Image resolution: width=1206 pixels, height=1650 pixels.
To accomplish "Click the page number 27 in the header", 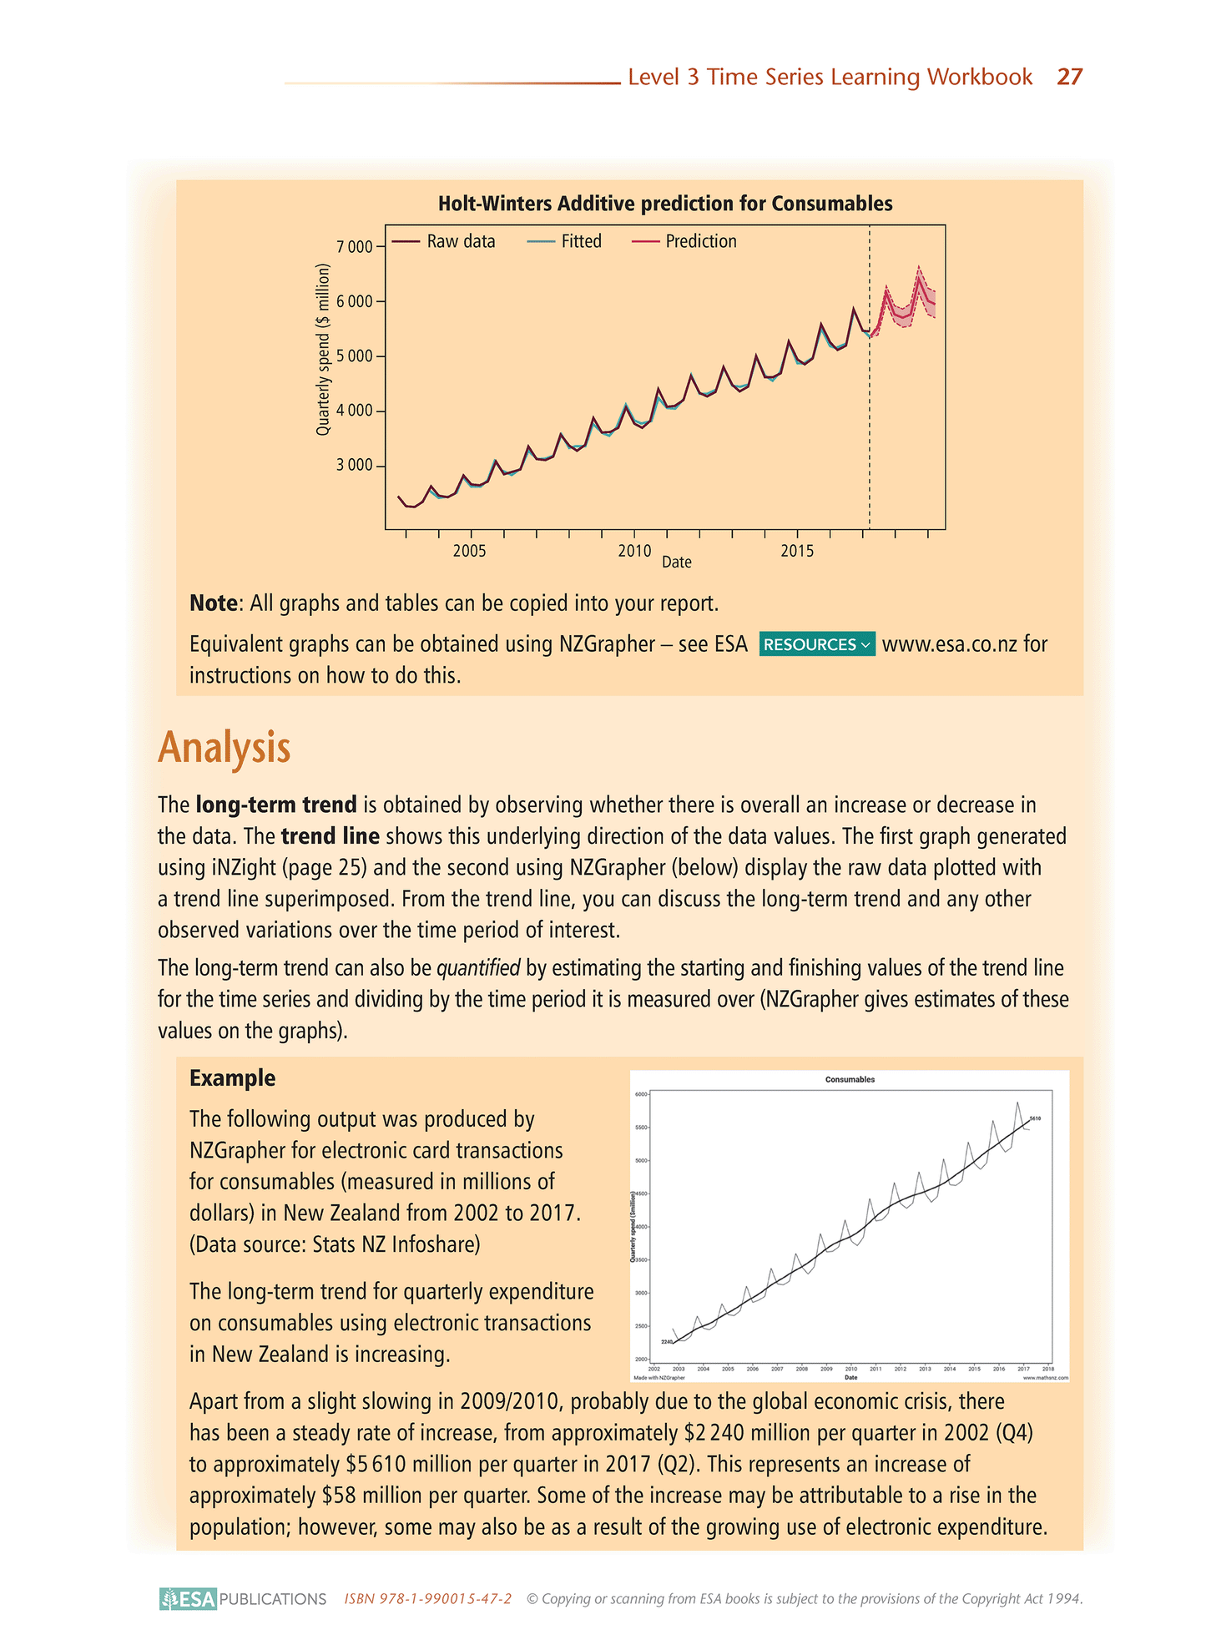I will pos(1069,77).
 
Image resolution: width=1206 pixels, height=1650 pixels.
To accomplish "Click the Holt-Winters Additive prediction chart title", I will pos(665,204).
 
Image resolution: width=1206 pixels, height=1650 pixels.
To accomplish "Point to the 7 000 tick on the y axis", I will pos(355,247).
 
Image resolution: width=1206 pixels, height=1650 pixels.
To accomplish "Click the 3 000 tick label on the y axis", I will pos(355,466).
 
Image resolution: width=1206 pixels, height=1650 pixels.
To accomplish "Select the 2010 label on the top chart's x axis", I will pos(634,552).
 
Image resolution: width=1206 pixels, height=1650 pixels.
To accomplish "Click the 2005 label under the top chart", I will pos(471,552).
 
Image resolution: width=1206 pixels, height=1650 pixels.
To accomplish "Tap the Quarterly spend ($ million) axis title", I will pos(323,349).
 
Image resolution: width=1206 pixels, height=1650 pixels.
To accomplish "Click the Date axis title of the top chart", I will pos(677,563).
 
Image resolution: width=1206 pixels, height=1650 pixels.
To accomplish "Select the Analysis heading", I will pos(224,748).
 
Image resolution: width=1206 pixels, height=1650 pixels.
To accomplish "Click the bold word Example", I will pos(232,1077).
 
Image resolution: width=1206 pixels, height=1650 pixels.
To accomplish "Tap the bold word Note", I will pos(214,603).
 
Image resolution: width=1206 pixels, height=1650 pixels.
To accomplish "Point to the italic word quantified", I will pos(478,968).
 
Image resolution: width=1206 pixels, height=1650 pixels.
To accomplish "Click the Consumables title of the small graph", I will pos(850,1079).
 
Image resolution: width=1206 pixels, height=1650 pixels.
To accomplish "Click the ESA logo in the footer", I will pos(189,1599).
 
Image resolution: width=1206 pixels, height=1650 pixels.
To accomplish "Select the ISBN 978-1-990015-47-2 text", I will pos(427,1599).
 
